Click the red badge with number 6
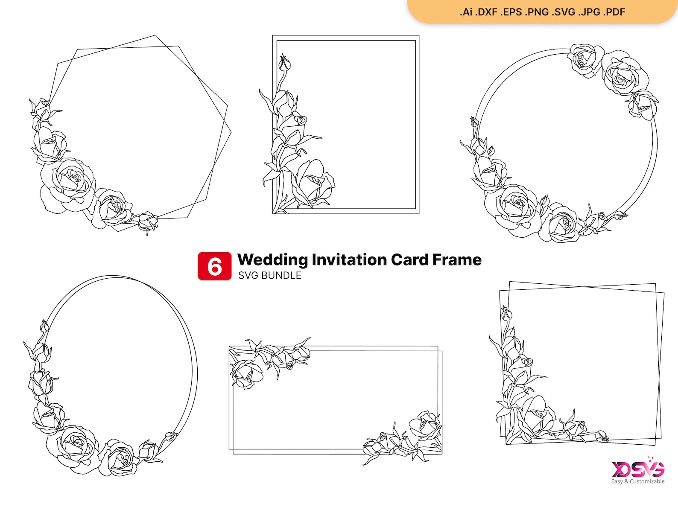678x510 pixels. click(x=214, y=266)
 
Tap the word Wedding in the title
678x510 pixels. click(x=272, y=259)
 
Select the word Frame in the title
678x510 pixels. click(x=457, y=259)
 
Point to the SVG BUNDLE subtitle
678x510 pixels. click(x=269, y=276)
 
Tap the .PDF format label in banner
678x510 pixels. click(x=614, y=12)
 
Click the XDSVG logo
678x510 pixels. click(x=638, y=469)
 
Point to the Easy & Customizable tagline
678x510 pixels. click(x=637, y=481)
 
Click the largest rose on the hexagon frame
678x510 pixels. click(x=70, y=181)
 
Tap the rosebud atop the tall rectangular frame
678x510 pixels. click(x=284, y=63)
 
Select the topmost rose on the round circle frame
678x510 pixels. click(x=586, y=59)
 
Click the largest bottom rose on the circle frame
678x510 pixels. click(x=517, y=207)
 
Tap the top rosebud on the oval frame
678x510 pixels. click(x=44, y=326)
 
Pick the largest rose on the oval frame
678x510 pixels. click(x=77, y=446)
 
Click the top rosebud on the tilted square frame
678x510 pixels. click(x=506, y=314)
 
